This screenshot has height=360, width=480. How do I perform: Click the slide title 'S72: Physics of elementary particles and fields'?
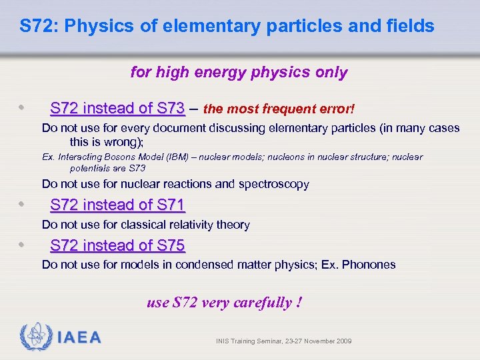click(227, 27)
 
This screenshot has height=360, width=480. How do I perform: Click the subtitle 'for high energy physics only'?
click(239, 72)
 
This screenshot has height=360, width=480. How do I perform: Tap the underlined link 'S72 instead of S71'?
click(117, 205)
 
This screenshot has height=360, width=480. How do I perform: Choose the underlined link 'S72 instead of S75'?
click(117, 245)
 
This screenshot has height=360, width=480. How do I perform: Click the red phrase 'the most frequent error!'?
click(279, 109)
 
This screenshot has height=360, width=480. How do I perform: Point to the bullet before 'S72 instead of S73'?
click(23, 107)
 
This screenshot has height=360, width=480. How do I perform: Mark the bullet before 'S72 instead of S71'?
click(23, 204)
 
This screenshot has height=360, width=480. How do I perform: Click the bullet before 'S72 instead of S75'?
click(23, 245)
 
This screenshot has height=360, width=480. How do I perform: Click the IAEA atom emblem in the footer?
click(35, 337)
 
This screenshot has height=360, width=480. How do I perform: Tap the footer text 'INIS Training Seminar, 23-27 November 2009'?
click(283, 341)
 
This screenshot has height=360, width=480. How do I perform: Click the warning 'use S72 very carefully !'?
click(224, 303)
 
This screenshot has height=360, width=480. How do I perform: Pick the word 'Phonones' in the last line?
click(370, 265)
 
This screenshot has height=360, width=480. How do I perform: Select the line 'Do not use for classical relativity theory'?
click(145, 225)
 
